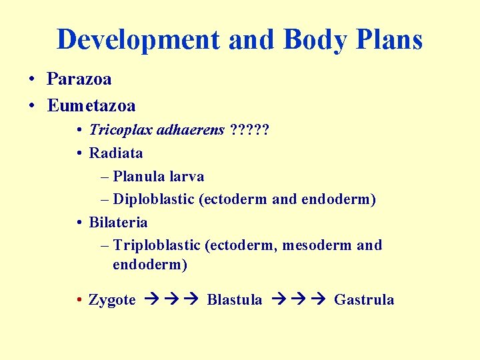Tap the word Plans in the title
(389, 40)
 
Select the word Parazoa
(79, 79)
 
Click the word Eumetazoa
(91, 105)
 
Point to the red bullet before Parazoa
(32, 80)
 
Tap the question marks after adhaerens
(249, 130)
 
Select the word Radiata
(116, 153)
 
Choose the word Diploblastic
(154, 199)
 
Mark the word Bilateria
(118, 222)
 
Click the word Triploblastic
(157, 245)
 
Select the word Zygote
(112, 300)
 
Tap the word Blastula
(235, 300)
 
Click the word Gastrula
(364, 300)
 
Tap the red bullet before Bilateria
(79, 223)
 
